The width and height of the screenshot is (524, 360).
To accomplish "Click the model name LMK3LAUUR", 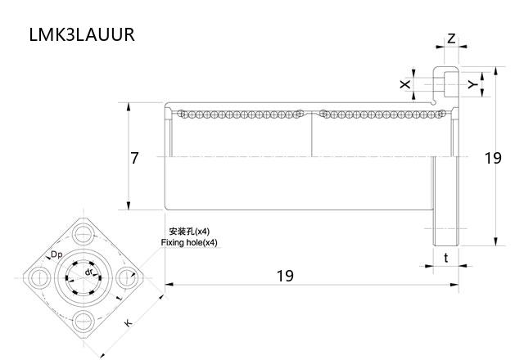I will [81, 34].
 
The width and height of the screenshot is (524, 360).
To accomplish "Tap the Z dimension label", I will [451, 38].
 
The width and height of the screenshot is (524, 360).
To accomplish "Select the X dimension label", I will [404, 85].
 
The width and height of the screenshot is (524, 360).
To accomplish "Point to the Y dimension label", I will [471, 84].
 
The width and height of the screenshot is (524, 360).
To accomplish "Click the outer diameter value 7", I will [135, 158].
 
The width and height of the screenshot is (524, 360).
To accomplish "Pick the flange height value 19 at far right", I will [493, 158].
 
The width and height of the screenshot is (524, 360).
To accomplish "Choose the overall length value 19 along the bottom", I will [284, 276].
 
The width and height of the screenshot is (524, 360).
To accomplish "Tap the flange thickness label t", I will [445, 258].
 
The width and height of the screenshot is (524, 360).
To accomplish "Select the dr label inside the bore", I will [88, 272].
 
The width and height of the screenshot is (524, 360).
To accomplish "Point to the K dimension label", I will [128, 324].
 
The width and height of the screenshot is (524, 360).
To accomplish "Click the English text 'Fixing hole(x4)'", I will [190, 243].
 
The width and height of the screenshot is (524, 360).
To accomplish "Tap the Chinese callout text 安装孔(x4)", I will [189, 232].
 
